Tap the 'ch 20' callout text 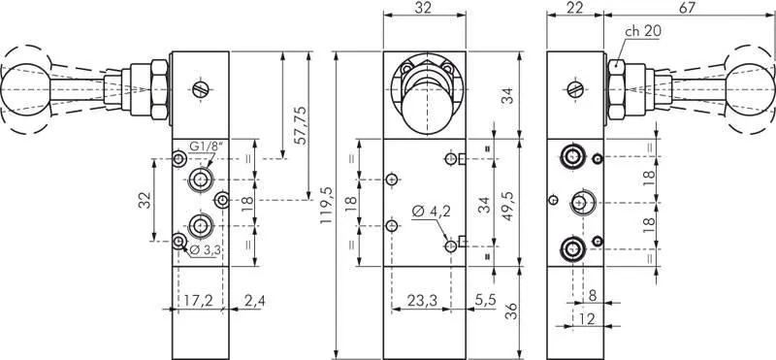643,31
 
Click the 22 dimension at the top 574,8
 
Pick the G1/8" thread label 206,147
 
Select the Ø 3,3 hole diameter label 205,250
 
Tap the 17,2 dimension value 197,301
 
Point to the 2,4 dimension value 255,301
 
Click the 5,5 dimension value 487,301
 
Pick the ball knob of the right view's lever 754,87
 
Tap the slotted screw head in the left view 202,88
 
